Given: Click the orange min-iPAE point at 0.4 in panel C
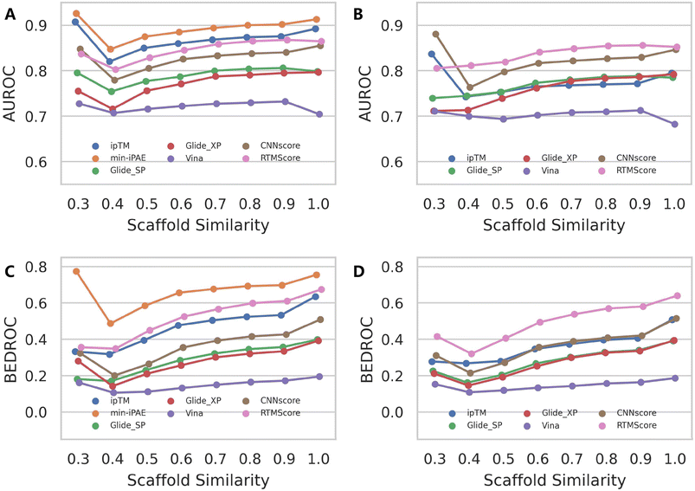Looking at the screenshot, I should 111,323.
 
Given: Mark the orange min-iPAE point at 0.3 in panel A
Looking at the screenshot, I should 77,14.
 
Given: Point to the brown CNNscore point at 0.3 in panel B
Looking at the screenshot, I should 434,35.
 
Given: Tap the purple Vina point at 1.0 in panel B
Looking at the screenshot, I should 674,124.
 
